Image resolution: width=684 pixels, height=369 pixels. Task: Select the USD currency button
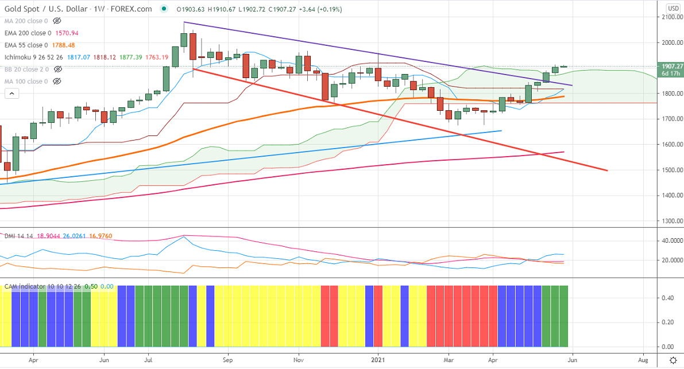pyautogui.click(x=673, y=7)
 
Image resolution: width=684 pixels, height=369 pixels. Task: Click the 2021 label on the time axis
pyautogui.click(x=378, y=360)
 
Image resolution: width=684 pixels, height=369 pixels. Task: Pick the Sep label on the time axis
pyautogui.click(x=227, y=360)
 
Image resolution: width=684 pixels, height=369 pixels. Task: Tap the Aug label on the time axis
pyautogui.click(x=643, y=360)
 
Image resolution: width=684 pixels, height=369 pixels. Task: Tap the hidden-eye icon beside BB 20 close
pyautogui.click(x=57, y=69)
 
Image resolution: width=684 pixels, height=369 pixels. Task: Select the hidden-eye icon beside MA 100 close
pyautogui.click(x=56, y=81)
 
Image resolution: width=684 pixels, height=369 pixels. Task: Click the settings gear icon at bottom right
pyautogui.click(x=673, y=360)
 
